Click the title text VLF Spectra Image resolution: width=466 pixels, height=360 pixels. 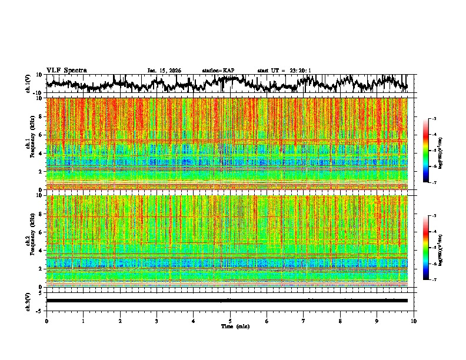pyautogui.click(x=66, y=70)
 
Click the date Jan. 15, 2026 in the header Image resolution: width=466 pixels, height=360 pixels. pyautogui.click(x=164, y=71)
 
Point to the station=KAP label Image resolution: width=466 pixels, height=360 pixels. pyautogui.click(x=218, y=71)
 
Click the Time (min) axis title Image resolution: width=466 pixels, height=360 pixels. pyautogui.click(x=234, y=326)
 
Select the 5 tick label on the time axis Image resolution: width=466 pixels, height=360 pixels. pyautogui.click(x=230, y=321)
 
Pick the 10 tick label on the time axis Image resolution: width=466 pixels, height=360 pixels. pyautogui.click(x=414, y=321)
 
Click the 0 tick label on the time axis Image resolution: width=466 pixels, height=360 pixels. pyautogui.click(x=46, y=321)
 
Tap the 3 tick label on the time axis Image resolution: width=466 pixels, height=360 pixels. pyautogui.click(x=157, y=321)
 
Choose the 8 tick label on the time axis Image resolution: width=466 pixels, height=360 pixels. pyautogui.click(x=340, y=321)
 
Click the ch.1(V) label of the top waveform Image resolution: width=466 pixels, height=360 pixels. pyautogui.click(x=28, y=84)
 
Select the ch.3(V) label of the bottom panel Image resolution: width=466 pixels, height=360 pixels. pyautogui.click(x=28, y=301)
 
